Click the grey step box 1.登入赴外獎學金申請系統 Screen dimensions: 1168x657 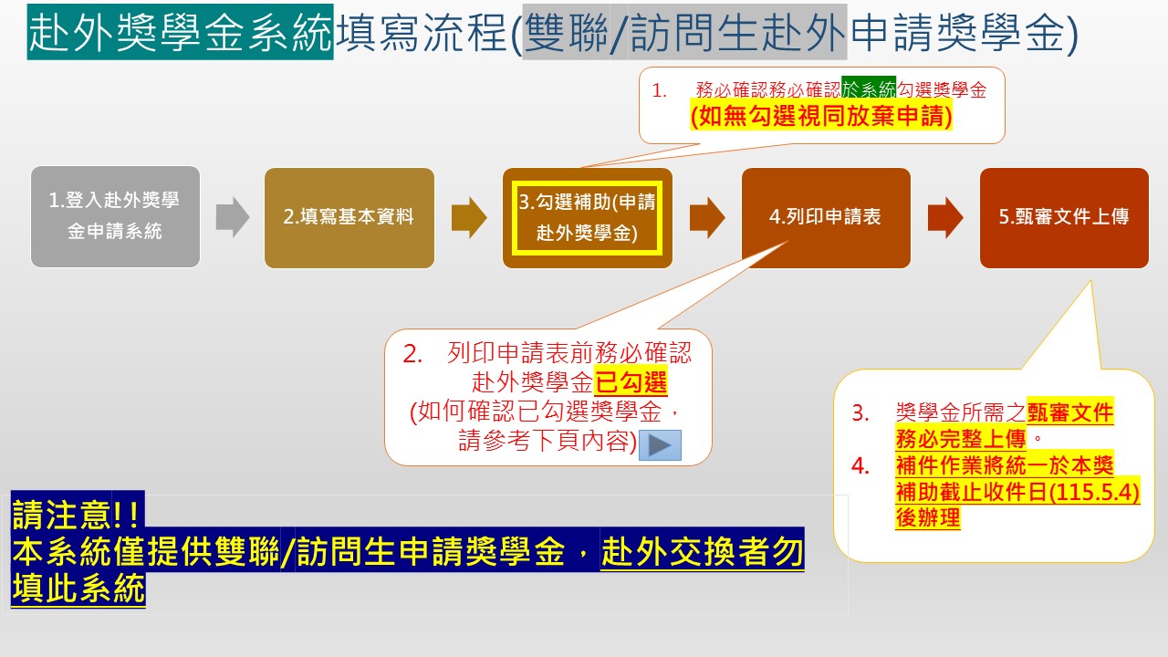115,217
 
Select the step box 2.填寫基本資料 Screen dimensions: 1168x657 349,218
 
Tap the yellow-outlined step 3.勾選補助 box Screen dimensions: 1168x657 587,218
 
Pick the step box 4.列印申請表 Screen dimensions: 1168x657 826,218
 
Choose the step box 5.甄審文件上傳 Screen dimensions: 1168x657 1064,218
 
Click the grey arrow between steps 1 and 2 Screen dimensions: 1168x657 233,217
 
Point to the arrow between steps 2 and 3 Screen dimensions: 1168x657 469,217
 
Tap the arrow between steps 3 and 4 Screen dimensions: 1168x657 707,217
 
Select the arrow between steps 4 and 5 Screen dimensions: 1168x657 945,217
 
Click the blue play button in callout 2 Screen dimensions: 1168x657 660,444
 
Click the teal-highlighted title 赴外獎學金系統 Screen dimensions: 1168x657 181,32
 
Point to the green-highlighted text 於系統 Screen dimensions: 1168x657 869,89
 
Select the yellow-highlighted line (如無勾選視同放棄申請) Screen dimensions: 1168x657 821,115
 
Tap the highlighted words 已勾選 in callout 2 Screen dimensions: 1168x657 631,382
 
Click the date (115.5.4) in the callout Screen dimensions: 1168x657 1093,492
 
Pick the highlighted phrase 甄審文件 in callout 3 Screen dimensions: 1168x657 1070,412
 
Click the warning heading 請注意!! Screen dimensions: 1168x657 77,514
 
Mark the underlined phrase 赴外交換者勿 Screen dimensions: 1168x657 702,551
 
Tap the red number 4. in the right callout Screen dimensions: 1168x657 860,465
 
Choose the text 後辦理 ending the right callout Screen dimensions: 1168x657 928,517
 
